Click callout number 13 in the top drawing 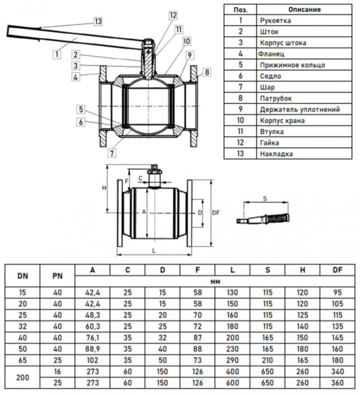[x=98, y=21]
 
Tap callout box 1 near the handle [x=56, y=54]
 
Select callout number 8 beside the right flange [x=207, y=72]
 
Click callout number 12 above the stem [x=172, y=15]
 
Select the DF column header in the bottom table [x=337, y=270]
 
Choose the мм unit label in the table [x=215, y=281]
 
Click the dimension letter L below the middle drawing [x=153, y=249]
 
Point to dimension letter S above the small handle [x=265, y=199]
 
